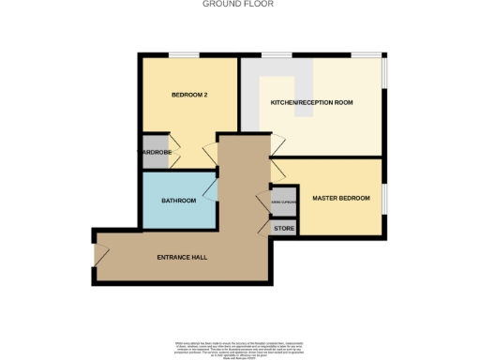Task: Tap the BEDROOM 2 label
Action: tap(188, 96)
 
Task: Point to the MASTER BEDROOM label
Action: tap(340, 199)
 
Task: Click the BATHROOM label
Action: tap(178, 201)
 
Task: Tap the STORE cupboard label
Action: tap(284, 228)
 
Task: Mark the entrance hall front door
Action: tap(101, 254)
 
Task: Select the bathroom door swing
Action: tap(210, 191)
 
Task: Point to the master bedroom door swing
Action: tap(278, 172)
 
